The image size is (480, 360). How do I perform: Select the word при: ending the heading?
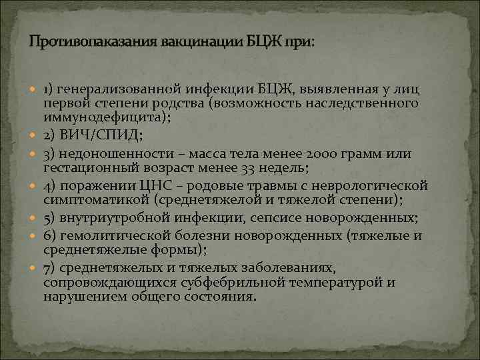pyautogui.click(x=298, y=42)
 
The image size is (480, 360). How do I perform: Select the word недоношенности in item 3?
pyautogui.click(x=108, y=154)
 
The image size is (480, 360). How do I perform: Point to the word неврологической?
pyautogui.click(x=379, y=185)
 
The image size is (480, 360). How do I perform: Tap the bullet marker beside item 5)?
pyautogui.click(x=35, y=218)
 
